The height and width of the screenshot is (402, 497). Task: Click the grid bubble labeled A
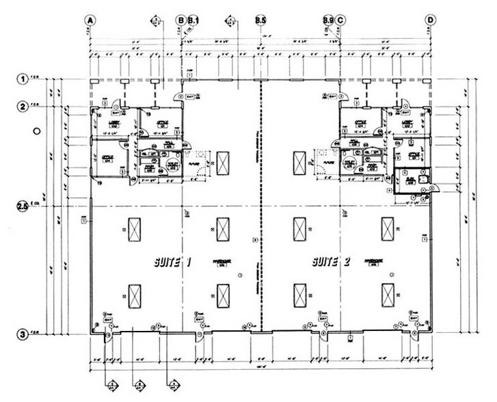coord(89,20)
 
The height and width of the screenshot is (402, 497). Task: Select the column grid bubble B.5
coord(260,20)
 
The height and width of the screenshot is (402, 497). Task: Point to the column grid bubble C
coord(340,20)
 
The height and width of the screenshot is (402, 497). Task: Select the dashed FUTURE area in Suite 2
coord(321,165)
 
